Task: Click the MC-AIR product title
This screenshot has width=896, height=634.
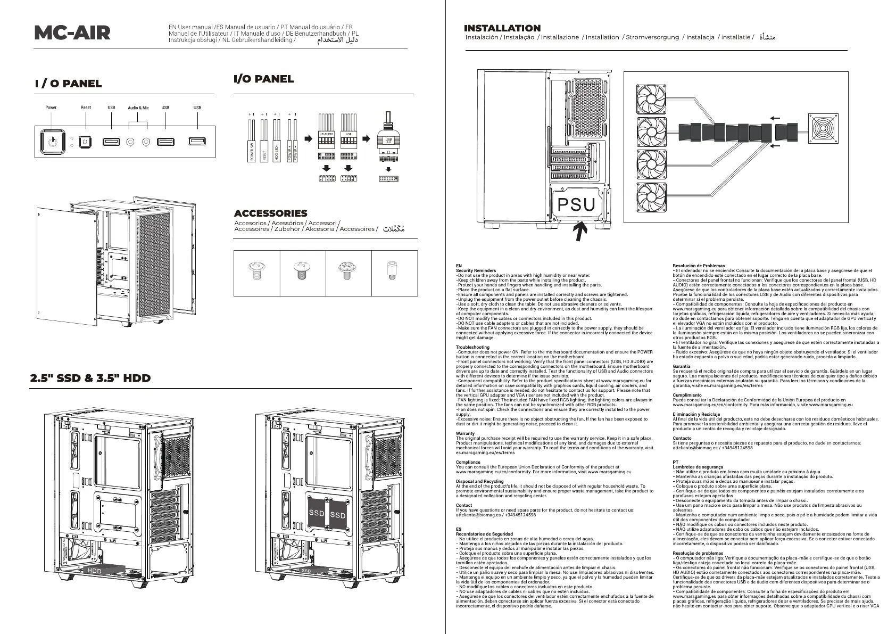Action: pos(72,34)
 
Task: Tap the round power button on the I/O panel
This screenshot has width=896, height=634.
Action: pos(52,142)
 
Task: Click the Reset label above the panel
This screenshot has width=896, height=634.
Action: pos(86,108)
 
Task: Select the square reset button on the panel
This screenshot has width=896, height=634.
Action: pos(85,142)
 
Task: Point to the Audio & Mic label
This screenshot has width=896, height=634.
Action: pos(138,108)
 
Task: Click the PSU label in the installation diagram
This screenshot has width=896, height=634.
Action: pos(576,204)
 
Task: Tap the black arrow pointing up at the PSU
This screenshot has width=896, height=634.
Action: pos(581,232)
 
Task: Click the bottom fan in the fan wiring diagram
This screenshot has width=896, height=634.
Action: pos(651,197)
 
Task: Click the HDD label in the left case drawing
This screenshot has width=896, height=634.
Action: pos(95,571)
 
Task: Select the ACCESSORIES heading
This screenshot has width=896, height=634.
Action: pos(271,213)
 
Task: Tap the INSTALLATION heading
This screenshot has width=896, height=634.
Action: pos(502,28)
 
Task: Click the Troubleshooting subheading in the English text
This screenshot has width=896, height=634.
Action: pos(472,347)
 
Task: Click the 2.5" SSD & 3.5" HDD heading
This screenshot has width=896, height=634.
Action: pos(90,378)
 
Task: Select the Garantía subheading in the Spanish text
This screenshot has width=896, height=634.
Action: pos(682,366)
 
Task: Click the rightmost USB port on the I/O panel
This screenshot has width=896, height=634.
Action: pos(197,142)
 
